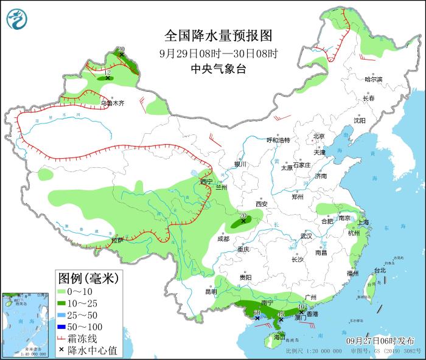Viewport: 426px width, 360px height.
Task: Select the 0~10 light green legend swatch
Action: tap(64, 292)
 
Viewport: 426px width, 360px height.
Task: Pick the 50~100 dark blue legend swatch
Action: tap(64, 327)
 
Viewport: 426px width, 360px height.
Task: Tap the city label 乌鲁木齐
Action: tap(112, 103)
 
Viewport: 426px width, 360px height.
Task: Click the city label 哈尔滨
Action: tap(373, 80)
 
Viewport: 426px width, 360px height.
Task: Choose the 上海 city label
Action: tap(363, 223)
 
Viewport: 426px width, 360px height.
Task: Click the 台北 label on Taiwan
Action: tap(379, 271)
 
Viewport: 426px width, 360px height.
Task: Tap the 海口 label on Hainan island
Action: tap(279, 336)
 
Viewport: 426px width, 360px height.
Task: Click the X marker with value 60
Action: tap(257, 317)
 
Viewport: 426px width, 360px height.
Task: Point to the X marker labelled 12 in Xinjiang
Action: tap(108, 78)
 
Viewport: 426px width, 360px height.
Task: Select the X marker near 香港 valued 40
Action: tap(301, 313)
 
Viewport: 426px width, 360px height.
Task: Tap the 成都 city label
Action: tap(223, 239)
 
